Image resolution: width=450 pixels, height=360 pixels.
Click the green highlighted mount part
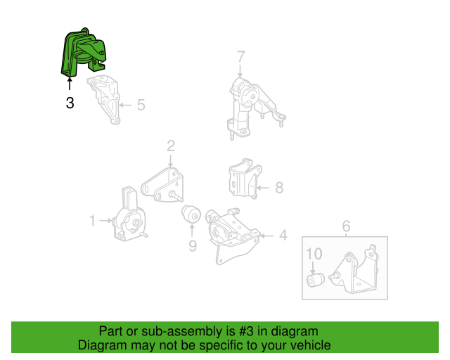(x=82, y=53)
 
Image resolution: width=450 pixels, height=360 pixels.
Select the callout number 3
(x=69, y=103)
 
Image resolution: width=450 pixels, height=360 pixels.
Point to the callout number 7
(x=240, y=56)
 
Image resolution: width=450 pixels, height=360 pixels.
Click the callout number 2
(x=170, y=146)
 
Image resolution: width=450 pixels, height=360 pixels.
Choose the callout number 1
(x=92, y=221)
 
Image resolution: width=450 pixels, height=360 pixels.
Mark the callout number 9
(x=192, y=245)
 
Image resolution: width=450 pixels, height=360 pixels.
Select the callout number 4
(x=283, y=235)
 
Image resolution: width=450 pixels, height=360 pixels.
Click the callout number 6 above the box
(x=346, y=226)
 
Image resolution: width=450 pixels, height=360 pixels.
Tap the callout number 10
(x=314, y=253)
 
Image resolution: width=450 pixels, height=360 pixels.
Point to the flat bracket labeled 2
(x=163, y=184)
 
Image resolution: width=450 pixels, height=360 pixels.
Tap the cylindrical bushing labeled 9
(x=192, y=214)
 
